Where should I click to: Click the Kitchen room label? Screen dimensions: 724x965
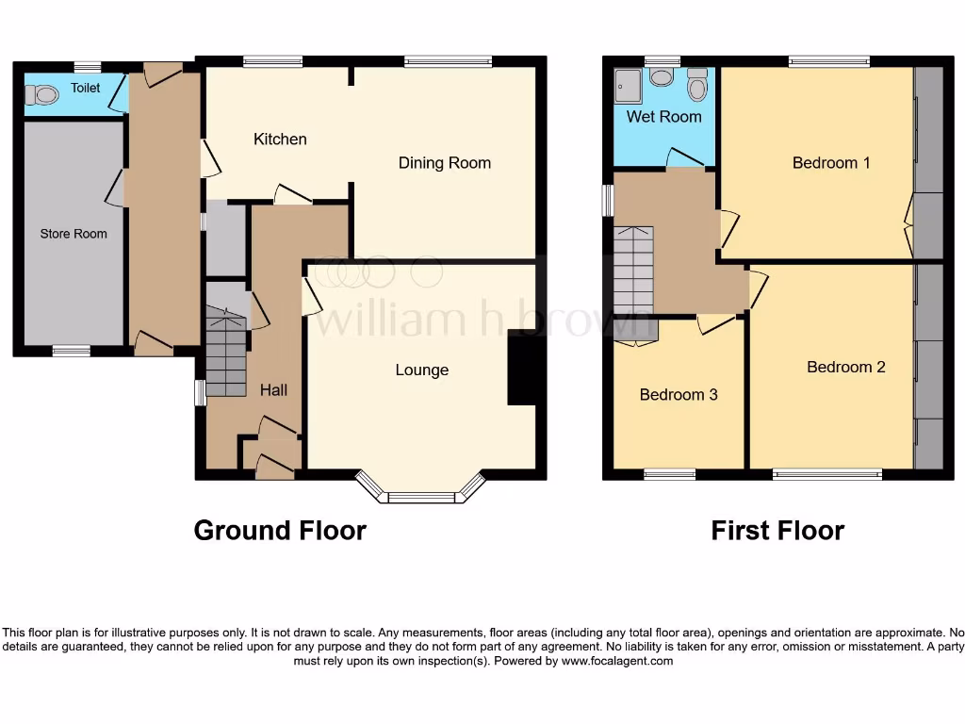(x=280, y=140)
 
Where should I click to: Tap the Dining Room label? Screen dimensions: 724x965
(x=444, y=163)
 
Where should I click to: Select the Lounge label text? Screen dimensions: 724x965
(x=421, y=370)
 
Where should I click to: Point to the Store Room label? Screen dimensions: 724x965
(x=74, y=234)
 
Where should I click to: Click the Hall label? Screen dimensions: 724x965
(x=273, y=390)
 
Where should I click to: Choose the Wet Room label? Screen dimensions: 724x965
(x=663, y=117)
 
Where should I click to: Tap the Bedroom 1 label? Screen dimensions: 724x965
(x=830, y=163)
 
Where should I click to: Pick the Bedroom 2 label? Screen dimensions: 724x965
(x=845, y=368)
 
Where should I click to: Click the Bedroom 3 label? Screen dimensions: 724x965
(x=678, y=395)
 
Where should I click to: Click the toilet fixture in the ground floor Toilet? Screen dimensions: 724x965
(x=41, y=94)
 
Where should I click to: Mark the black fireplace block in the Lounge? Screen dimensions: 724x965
(x=521, y=369)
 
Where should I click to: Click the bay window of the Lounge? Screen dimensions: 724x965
(x=421, y=495)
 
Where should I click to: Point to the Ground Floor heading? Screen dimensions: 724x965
(x=280, y=531)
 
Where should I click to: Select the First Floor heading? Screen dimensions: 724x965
(x=777, y=532)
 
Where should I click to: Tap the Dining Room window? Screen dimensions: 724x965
(x=448, y=62)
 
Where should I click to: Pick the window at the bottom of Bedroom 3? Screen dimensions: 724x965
(x=669, y=474)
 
